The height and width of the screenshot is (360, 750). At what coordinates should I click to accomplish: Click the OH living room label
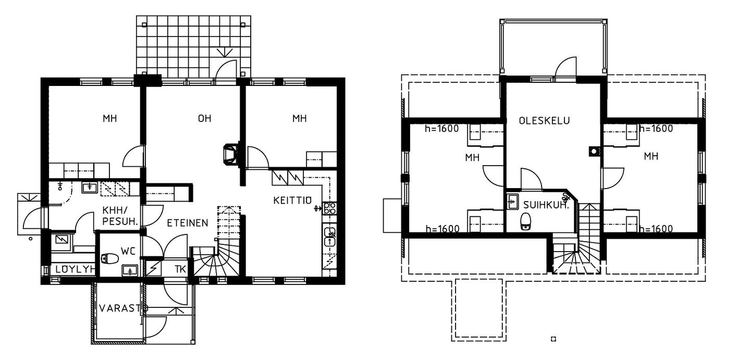pyautogui.click(x=204, y=118)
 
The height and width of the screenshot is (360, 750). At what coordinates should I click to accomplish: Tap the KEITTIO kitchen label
pyautogui.click(x=292, y=201)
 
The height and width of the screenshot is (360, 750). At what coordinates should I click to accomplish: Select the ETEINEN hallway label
pyautogui.click(x=188, y=223)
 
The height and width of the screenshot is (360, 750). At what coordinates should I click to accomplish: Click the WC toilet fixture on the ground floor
pyautogui.click(x=109, y=258)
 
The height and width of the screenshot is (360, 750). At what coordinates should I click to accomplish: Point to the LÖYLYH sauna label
pyautogui.click(x=75, y=269)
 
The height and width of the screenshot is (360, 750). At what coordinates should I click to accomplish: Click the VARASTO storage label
pyautogui.click(x=124, y=308)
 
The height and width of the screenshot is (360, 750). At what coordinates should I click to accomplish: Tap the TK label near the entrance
pyautogui.click(x=180, y=269)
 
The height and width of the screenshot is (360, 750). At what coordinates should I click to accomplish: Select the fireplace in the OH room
pyautogui.click(x=230, y=155)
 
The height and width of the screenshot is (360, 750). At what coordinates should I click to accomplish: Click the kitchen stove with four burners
pyautogui.click(x=329, y=208)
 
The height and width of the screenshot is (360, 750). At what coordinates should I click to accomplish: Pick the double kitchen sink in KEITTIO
pyautogui.click(x=330, y=237)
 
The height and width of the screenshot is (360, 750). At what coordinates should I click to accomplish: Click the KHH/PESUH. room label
pyautogui.click(x=120, y=216)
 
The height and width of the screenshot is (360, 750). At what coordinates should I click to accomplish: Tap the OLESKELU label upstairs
pyautogui.click(x=544, y=120)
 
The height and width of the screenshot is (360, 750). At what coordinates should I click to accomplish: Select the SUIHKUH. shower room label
pyautogui.click(x=546, y=205)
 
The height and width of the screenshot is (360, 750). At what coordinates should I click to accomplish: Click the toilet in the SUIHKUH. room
pyautogui.click(x=526, y=222)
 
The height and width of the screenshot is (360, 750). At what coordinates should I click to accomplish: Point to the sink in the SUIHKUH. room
pyautogui.click(x=512, y=202)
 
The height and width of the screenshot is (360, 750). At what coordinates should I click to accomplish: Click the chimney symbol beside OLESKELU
pyautogui.click(x=594, y=152)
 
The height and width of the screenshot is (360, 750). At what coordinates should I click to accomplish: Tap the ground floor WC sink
pyautogui.click(x=130, y=270)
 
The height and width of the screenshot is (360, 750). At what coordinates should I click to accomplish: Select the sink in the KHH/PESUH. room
pyautogui.click(x=90, y=188)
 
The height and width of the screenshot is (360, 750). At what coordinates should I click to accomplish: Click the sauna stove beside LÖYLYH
pyautogui.click(x=62, y=240)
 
